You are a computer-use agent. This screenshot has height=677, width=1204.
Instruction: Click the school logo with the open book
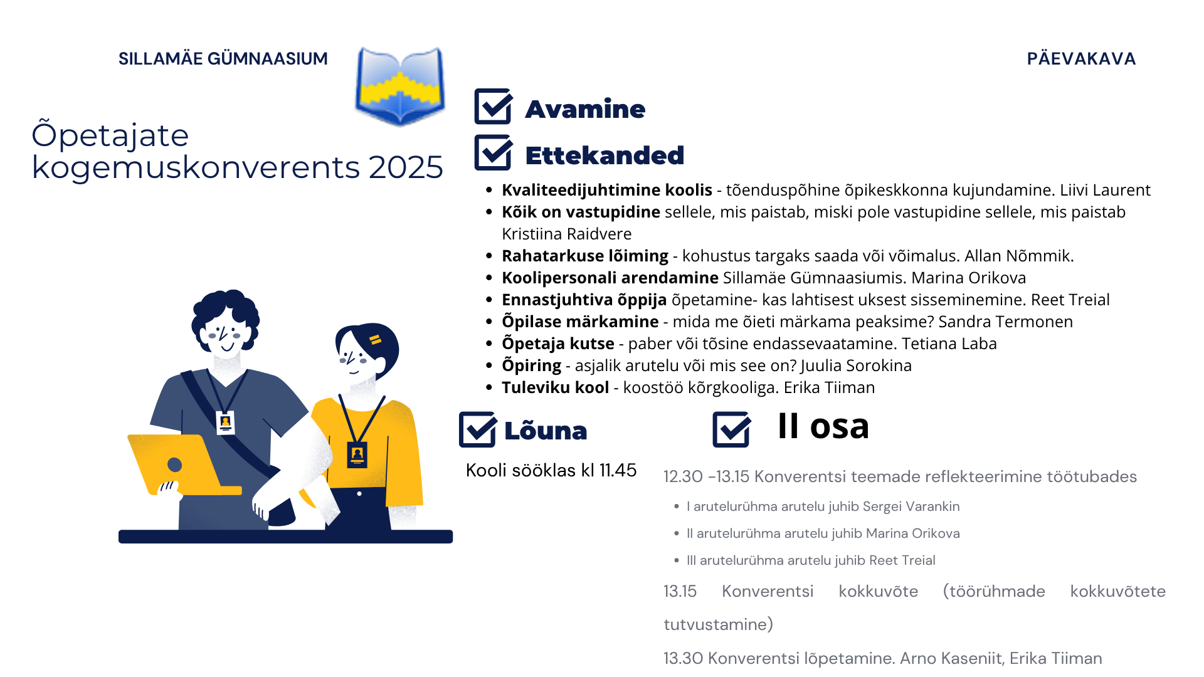pyautogui.click(x=400, y=86)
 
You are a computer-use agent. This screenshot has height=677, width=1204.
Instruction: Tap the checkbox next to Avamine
pyautogui.click(x=493, y=107)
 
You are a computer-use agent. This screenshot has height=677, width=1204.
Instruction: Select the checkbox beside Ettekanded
pyautogui.click(x=493, y=153)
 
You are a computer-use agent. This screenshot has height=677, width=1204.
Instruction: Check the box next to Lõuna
pyautogui.click(x=478, y=429)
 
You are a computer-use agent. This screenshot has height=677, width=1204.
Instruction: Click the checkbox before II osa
pyautogui.click(x=731, y=429)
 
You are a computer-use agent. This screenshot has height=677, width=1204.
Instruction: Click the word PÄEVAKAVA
pyautogui.click(x=1081, y=59)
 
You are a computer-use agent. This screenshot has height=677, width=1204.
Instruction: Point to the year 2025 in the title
pyautogui.click(x=406, y=167)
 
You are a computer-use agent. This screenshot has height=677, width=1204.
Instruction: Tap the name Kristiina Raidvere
pyautogui.click(x=566, y=234)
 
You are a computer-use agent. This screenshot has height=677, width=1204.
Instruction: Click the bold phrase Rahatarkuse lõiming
pyautogui.click(x=584, y=256)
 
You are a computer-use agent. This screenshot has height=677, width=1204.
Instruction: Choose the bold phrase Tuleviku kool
pyautogui.click(x=555, y=387)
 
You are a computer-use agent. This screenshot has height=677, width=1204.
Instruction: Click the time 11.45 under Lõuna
pyautogui.click(x=618, y=470)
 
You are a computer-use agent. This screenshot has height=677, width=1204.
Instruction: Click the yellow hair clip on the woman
pyautogui.click(x=375, y=340)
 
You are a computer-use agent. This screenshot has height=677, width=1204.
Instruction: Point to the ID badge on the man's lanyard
pyautogui.click(x=225, y=422)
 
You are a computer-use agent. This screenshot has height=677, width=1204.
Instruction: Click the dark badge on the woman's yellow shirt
pyautogui.click(x=357, y=454)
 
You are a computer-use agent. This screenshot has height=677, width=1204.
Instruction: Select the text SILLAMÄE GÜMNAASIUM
pyautogui.click(x=223, y=59)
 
